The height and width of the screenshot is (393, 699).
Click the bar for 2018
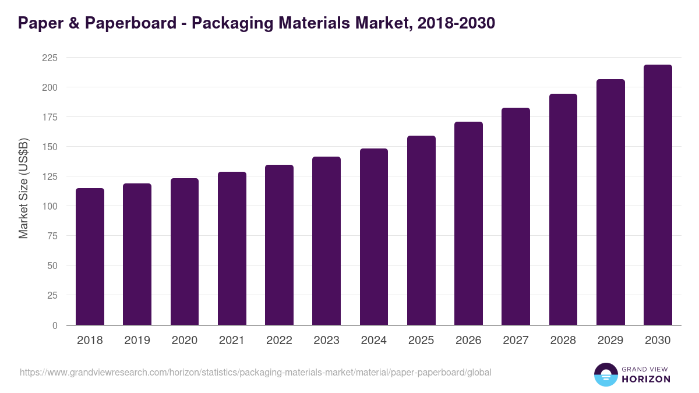tap(90, 256)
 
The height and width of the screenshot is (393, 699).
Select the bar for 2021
tap(232, 248)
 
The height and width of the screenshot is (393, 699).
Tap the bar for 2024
tap(373, 236)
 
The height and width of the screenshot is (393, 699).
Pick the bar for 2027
tap(516, 216)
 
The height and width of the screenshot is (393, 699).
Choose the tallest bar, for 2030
tap(658, 194)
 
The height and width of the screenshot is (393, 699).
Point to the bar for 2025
tap(421, 230)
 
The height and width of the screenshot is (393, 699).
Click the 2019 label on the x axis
tap(137, 341)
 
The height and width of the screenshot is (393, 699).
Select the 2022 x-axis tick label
tap(279, 341)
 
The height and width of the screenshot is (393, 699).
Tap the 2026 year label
tap(468, 341)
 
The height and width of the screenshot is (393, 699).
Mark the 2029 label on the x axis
tap(610, 341)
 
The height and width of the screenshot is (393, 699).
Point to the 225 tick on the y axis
tap(50, 58)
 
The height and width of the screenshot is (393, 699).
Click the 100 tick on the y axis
tap(50, 206)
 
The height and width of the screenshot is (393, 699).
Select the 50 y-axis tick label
tap(52, 265)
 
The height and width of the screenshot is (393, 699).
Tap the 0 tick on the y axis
tap(55, 325)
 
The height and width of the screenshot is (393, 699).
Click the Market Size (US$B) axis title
tap(24, 188)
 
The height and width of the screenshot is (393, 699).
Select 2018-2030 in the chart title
tap(456, 23)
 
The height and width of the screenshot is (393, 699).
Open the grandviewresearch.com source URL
tap(256, 372)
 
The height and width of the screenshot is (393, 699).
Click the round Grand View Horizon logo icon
tap(605, 374)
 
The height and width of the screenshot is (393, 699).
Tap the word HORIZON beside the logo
tap(646, 379)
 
